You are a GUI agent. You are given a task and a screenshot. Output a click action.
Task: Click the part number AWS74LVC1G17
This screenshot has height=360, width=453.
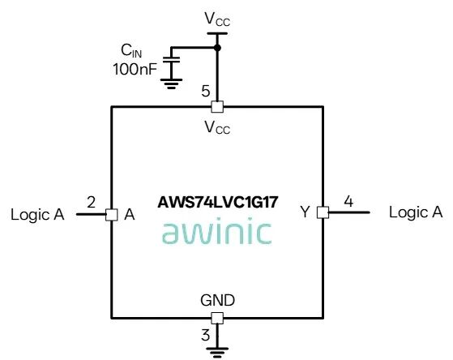click(x=218, y=202)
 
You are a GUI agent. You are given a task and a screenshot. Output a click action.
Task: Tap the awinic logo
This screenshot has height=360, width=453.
click(x=217, y=233)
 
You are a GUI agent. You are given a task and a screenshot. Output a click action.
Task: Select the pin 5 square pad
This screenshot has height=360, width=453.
click(x=217, y=107)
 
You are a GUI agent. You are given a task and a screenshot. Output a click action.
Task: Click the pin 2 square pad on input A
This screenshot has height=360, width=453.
click(x=112, y=215)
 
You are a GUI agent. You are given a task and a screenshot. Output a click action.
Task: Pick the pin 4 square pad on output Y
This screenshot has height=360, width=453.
click(x=323, y=212)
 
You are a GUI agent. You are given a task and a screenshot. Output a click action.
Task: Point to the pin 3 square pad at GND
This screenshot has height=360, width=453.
click(x=217, y=318)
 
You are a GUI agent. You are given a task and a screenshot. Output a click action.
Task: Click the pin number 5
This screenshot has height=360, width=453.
click(x=205, y=92)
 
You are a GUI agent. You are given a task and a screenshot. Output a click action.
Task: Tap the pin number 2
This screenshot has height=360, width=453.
click(x=91, y=202)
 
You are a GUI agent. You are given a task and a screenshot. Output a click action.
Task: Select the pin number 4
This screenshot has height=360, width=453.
click(x=348, y=201)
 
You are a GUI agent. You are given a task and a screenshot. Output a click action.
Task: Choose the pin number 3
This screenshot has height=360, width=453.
click(x=205, y=335)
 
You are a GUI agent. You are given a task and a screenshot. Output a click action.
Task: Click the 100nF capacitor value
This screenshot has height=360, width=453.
click(x=135, y=70)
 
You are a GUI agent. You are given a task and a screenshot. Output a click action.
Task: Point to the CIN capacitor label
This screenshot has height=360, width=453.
click(x=131, y=51)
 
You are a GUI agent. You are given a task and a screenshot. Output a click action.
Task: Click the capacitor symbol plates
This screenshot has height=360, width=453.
click(x=171, y=59)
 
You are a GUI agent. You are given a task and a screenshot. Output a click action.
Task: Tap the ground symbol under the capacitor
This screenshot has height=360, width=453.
click(x=171, y=84)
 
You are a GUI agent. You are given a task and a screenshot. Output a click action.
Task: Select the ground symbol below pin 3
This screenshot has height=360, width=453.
click(x=217, y=353)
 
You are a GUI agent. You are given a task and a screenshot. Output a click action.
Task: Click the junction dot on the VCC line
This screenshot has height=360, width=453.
click(x=217, y=48)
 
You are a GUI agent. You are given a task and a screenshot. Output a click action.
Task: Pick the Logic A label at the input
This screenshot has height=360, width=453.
click(x=37, y=215)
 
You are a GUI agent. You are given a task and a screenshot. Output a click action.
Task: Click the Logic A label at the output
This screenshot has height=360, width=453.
click(x=416, y=212)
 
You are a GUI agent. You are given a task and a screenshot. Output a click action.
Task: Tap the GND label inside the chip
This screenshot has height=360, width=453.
click(x=217, y=301)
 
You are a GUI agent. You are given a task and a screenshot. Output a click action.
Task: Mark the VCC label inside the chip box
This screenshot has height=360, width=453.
click(x=217, y=127)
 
